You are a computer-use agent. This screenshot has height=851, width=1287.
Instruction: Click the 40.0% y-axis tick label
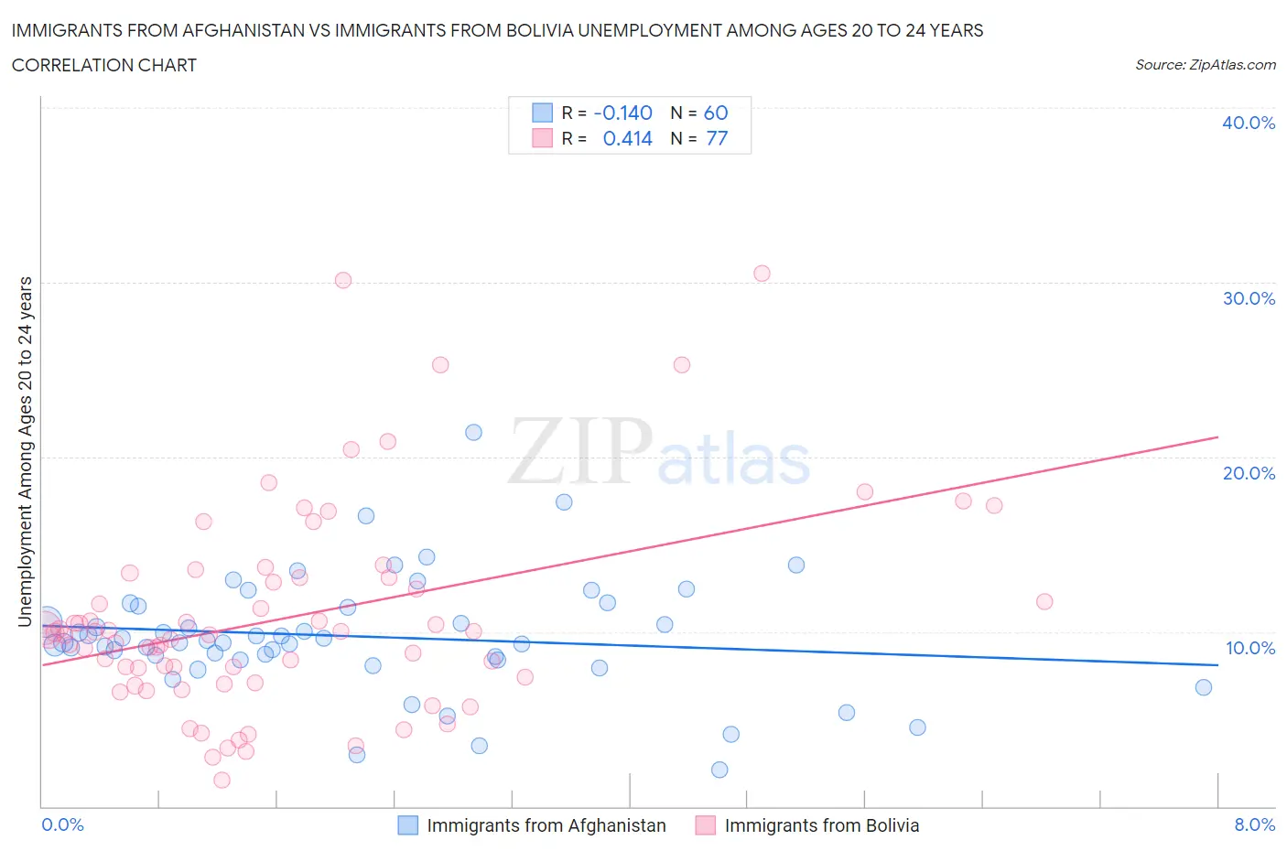coord(1248,123)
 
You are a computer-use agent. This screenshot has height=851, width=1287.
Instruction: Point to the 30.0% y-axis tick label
coord(1248,298)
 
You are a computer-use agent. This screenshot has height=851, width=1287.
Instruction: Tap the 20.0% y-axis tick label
coord(1248,473)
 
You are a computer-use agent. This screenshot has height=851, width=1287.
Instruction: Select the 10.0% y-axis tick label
coord(1249,648)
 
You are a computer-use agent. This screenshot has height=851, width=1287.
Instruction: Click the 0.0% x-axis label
coord(62,824)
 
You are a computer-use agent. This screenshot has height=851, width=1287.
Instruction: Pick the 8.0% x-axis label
coord(1254,824)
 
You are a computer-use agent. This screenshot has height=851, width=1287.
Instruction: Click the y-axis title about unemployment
coord(25,451)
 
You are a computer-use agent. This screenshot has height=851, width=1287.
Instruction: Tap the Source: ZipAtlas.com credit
coord(1205,64)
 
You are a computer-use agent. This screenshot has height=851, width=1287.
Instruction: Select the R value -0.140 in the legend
coord(622,113)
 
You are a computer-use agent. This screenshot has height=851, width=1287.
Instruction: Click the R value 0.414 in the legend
coord(627,138)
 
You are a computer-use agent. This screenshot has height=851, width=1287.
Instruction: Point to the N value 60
coord(716,113)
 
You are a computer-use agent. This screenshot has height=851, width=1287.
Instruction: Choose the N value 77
coord(716,138)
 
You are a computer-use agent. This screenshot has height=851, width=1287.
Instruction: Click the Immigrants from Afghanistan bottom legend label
coord(546,825)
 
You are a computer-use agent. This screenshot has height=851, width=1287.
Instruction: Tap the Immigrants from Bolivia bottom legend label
coord(821,825)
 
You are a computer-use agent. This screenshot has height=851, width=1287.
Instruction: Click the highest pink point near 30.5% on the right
coord(762,273)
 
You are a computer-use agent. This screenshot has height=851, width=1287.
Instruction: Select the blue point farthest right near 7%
coord(1204,687)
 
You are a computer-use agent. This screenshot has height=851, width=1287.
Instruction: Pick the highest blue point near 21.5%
coord(473,432)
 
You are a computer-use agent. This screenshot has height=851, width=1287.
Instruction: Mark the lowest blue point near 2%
coord(719,770)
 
